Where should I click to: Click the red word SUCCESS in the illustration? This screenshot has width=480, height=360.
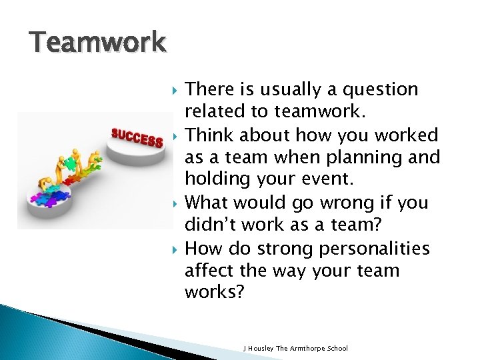pos(137,138)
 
